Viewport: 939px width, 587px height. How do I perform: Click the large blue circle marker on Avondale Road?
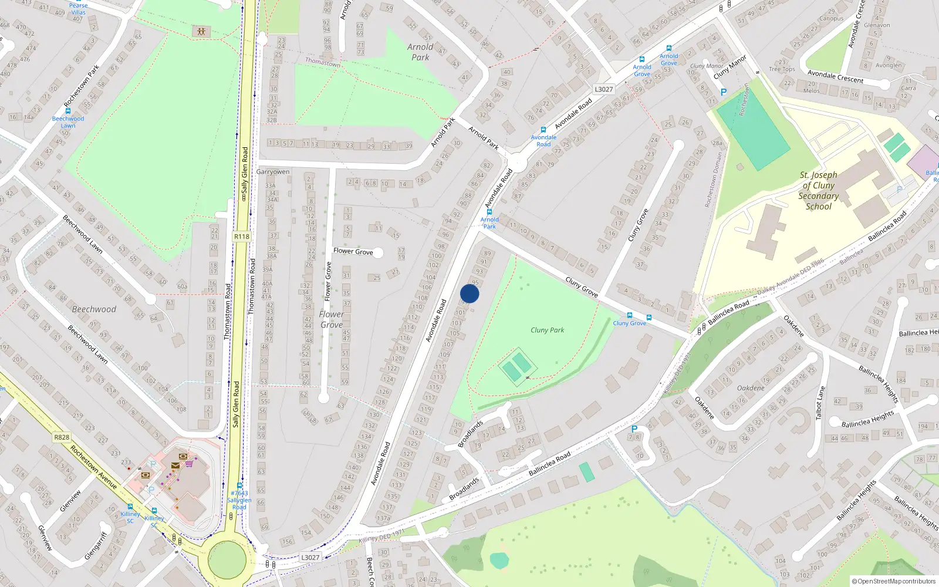pos(469,293)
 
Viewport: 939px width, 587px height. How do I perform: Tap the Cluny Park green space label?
pos(547,330)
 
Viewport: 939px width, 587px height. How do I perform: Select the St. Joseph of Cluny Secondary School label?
pos(818,191)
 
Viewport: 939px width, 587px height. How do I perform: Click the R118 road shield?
pos(241,237)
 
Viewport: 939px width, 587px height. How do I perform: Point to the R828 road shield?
pos(62,437)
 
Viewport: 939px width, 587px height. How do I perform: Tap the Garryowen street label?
pos(273,172)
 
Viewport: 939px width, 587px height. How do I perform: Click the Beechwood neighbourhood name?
pos(94,309)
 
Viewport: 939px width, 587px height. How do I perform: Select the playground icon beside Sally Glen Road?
pos(201,31)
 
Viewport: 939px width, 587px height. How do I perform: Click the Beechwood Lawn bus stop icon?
pos(68,110)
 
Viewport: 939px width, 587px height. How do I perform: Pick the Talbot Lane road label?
pos(820,403)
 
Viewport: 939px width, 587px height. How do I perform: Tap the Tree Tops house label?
pos(782,69)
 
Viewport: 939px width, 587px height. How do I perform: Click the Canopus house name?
pos(831,18)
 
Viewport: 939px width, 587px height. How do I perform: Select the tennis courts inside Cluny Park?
pos(517,367)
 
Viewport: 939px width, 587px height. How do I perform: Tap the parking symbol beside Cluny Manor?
pos(723,92)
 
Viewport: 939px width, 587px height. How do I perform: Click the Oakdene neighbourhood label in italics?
pos(751,388)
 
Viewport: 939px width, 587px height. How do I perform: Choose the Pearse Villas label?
pos(78,9)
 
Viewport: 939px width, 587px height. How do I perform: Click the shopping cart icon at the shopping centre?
pos(189,463)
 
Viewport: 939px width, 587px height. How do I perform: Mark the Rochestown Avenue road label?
pos(93,467)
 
